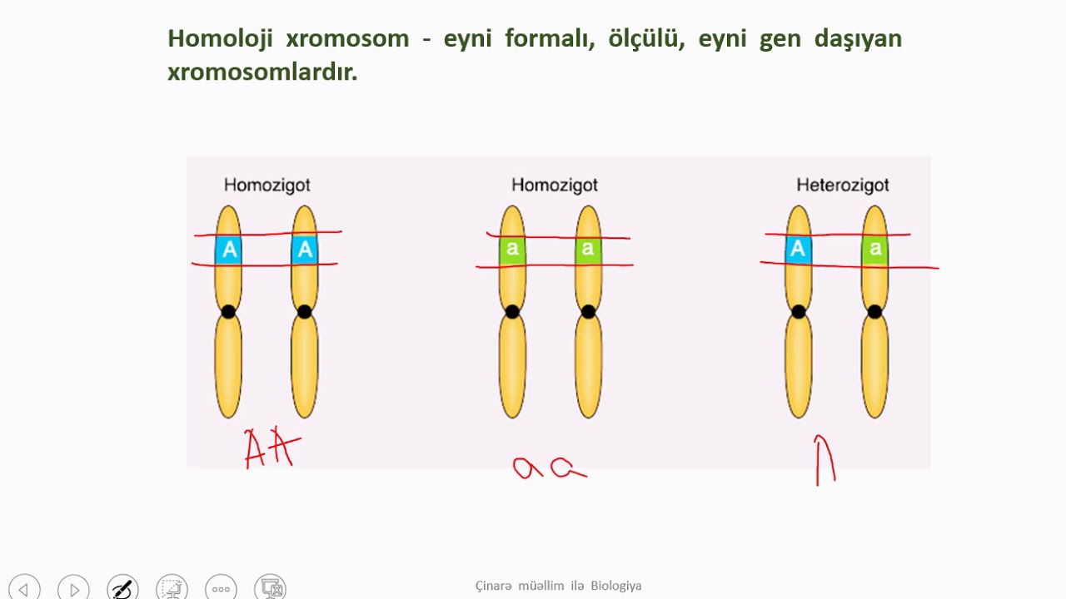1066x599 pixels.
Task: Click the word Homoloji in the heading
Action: (x=221, y=39)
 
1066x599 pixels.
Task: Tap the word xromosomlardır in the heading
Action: (x=262, y=72)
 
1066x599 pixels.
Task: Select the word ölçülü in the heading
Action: (x=646, y=38)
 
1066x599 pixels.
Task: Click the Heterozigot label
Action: (x=843, y=185)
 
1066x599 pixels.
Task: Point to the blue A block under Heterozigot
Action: (x=798, y=249)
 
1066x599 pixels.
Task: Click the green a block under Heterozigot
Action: (x=874, y=249)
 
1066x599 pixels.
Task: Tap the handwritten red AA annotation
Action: (x=272, y=448)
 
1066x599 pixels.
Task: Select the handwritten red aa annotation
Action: (x=549, y=468)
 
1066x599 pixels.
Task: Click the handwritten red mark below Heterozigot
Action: (x=824, y=460)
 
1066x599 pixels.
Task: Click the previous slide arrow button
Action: (x=24, y=588)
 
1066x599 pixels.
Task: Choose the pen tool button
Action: (x=122, y=588)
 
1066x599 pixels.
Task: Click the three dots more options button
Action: (x=221, y=588)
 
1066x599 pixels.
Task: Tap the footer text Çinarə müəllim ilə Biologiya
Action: (x=558, y=586)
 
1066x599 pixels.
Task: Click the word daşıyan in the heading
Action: (x=858, y=39)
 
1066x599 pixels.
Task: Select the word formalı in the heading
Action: (x=550, y=38)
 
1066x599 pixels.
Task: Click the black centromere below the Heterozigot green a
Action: (x=874, y=312)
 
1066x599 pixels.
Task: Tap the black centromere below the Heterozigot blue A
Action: (x=799, y=312)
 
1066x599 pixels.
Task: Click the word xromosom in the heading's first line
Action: (x=347, y=39)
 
